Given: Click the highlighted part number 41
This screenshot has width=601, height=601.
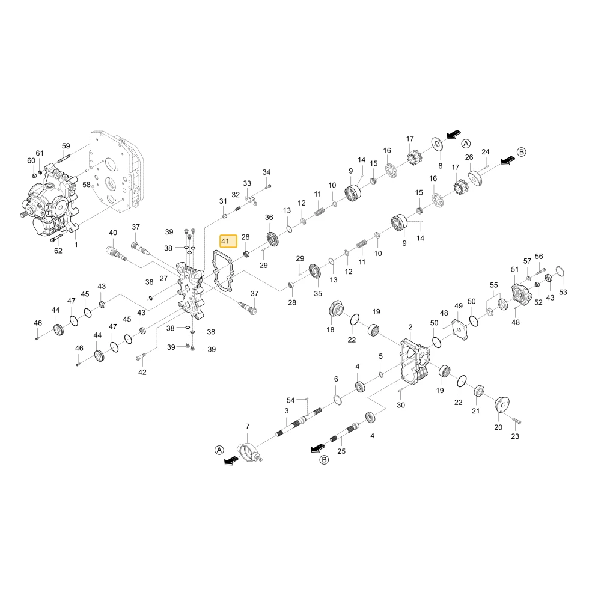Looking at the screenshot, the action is click(225, 241).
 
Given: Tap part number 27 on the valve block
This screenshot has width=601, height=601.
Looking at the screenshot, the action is click(163, 278).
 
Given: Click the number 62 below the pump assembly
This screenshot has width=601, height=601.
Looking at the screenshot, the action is click(58, 251).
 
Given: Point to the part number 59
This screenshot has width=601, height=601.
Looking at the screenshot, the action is click(66, 146).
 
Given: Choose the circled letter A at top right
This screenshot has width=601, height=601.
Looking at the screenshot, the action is click(466, 144).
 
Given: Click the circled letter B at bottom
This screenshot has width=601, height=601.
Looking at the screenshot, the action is click(324, 460).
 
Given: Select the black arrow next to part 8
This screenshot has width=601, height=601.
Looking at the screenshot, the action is click(454, 135).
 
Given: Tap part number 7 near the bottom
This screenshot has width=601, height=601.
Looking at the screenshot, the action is click(248, 426).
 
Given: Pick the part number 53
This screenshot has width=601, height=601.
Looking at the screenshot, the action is click(563, 292).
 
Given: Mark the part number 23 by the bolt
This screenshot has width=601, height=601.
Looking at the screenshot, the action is click(515, 436).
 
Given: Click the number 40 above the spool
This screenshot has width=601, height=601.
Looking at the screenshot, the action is click(113, 233).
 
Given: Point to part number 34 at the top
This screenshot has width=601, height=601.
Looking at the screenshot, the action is click(266, 172).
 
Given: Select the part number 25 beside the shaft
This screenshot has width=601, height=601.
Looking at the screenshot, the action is click(341, 451).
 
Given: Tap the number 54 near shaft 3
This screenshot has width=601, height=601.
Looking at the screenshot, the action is click(290, 400).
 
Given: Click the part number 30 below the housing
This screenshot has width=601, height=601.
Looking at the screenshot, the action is click(400, 405).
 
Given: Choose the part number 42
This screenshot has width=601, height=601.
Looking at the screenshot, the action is click(142, 372).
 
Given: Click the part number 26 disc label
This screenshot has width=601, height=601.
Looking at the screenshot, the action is click(469, 157).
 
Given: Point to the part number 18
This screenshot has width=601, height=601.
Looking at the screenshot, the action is click(330, 329).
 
